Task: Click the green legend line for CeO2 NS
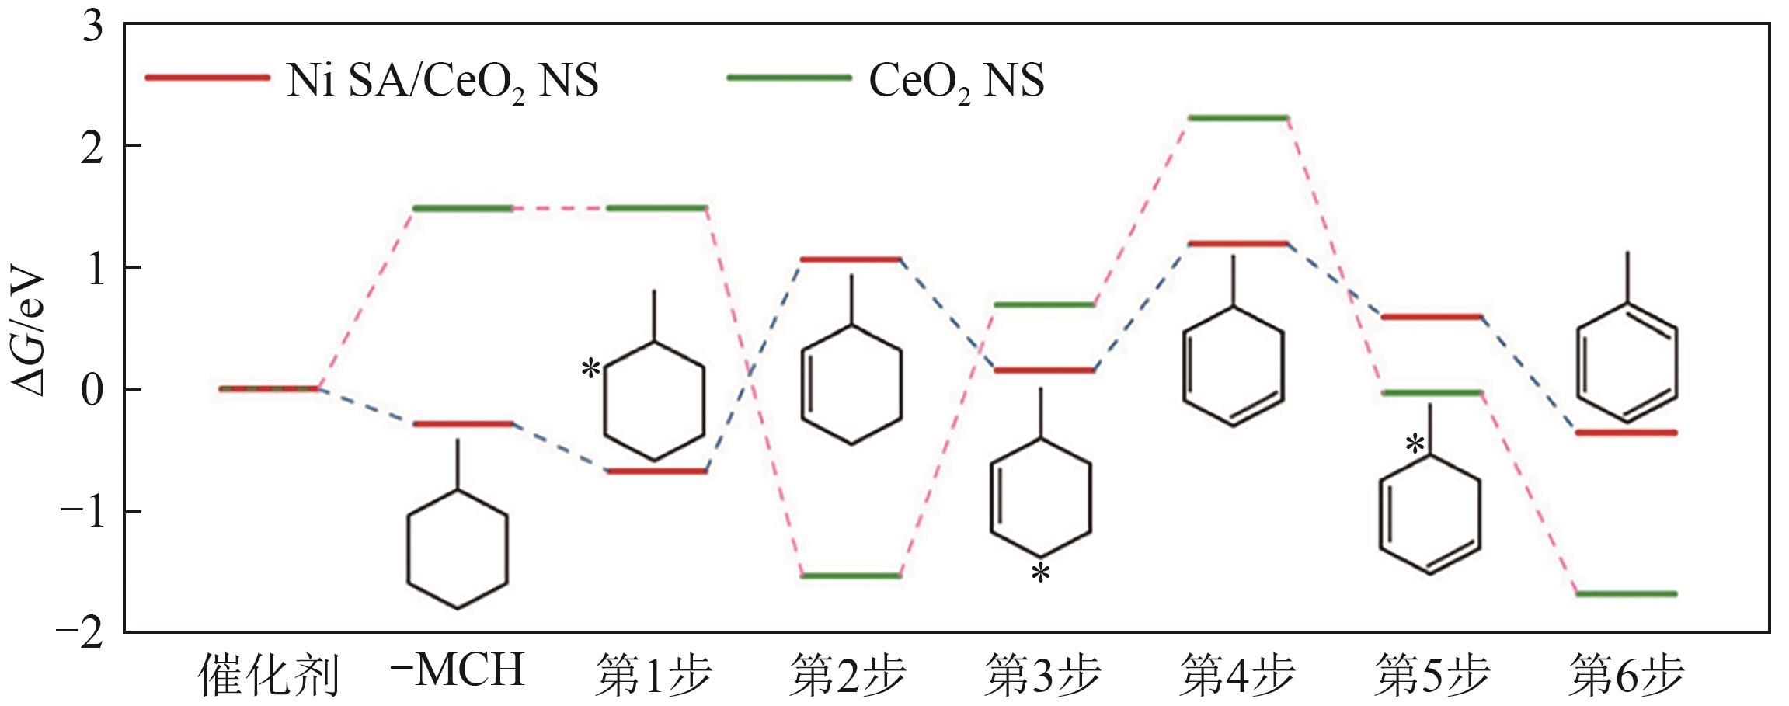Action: (788, 78)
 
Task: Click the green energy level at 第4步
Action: (1237, 118)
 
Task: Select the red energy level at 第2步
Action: (849, 259)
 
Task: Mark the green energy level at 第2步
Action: (849, 576)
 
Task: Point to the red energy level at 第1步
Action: (656, 471)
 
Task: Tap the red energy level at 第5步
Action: (1432, 317)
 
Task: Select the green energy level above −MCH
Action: (462, 208)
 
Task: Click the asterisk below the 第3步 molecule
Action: (1040, 574)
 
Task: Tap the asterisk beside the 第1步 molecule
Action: (590, 369)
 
